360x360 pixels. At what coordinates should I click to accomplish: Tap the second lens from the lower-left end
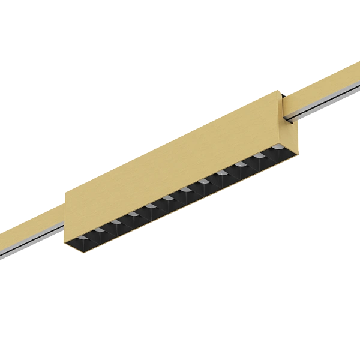pos(100,230)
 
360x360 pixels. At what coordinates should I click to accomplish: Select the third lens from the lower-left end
pos(116,222)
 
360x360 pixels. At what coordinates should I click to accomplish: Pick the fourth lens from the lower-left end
pos(133,214)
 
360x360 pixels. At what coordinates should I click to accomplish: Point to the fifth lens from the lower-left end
pos(150,206)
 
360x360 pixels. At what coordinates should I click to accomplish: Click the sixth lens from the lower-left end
pos(168,198)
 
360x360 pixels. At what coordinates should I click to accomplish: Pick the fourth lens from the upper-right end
pos(222,173)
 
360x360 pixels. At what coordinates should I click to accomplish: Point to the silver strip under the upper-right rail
pos(327,102)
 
